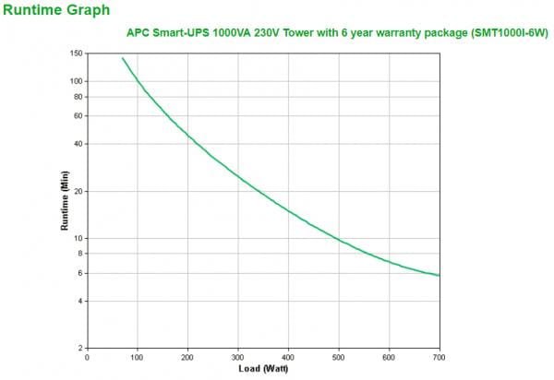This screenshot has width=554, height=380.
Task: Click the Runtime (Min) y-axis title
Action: [x=65, y=199]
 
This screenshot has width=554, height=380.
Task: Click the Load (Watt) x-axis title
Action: [x=262, y=369]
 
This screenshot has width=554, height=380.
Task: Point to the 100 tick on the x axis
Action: [x=137, y=357]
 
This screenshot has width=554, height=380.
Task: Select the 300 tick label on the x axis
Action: [x=237, y=357]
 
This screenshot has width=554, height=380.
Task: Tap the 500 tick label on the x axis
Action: [x=338, y=357]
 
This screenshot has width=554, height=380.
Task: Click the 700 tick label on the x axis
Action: [x=439, y=357]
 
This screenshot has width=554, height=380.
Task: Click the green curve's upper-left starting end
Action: [x=123, y=58]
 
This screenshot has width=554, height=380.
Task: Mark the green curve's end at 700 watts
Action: [x=439, y=275]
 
